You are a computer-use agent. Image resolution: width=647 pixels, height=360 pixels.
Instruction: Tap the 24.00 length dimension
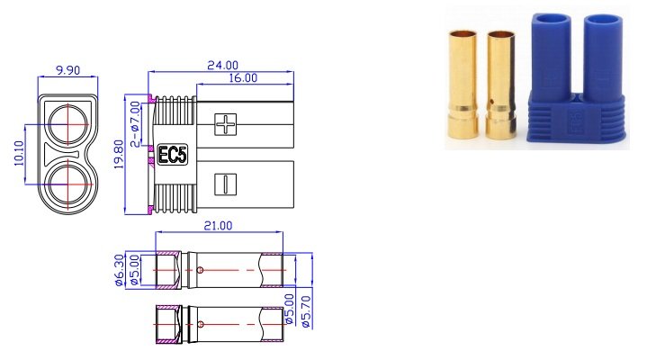tap(222, 65)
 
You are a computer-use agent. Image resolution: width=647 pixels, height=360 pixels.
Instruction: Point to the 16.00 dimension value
tap(242, 78)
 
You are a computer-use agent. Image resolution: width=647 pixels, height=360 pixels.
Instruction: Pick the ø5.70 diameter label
tap(306, 310)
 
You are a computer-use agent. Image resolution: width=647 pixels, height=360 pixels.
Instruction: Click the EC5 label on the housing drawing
tap(172, 155)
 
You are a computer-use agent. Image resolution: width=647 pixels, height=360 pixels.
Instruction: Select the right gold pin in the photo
tap(499, 88)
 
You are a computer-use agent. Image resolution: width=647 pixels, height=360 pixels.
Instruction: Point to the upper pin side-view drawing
tap(220, 270)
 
